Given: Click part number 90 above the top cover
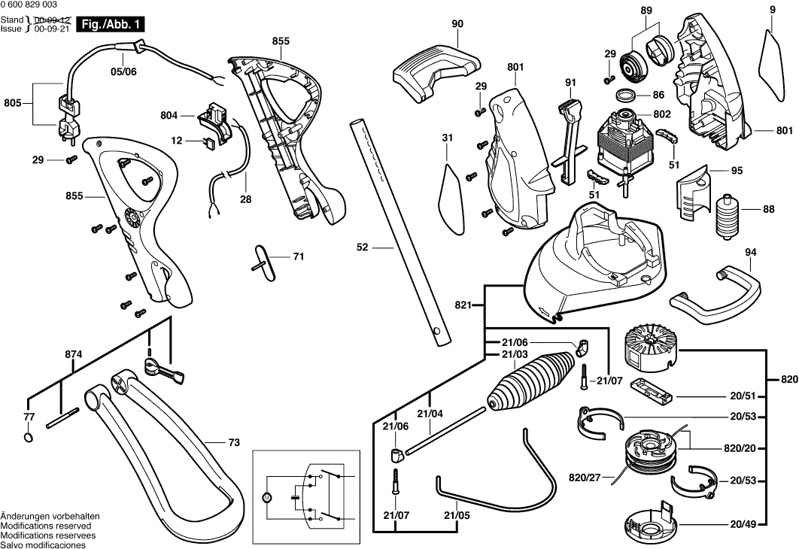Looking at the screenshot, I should [457, 24].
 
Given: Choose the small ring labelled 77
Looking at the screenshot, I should [29, 438].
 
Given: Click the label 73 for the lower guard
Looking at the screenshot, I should [234, 443].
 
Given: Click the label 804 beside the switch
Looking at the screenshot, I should [169, 115].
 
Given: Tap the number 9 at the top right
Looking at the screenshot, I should [773, 9].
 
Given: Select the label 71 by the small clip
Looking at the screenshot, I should [298, 256].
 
